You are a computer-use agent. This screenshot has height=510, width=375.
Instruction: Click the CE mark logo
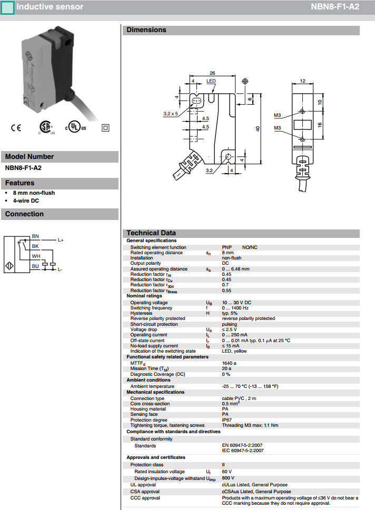click(x=16, y=127)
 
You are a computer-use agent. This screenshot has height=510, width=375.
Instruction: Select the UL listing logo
click(x=75, y=128)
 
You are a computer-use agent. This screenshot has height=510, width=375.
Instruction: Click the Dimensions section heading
click(x=146, y=30)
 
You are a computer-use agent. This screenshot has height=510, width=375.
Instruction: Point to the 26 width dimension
click(x=212, y=73)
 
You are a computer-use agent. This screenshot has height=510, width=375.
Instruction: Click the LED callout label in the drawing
click(x=211, y=81)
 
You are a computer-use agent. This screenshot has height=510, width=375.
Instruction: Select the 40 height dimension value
click(x=258, y=129)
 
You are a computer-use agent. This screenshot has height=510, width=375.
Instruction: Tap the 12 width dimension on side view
click(x=302, y=81)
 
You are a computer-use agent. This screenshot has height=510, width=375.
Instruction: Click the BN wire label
click(x=35, y=236)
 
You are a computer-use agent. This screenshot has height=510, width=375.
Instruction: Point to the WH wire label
click(x=36, y=256)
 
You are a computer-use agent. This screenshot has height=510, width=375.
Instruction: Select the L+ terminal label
click(x=61, y=240)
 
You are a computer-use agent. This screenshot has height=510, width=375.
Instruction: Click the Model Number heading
click(x=29, y=156)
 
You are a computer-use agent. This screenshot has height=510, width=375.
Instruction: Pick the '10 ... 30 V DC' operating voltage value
click(x=236, y=303)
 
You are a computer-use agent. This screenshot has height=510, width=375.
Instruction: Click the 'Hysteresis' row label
click(x=141, y=313)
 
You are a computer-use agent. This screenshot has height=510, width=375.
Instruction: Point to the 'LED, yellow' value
click(x=234, y=351)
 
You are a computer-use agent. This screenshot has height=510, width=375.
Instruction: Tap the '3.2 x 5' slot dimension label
click(x=171, y=114)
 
